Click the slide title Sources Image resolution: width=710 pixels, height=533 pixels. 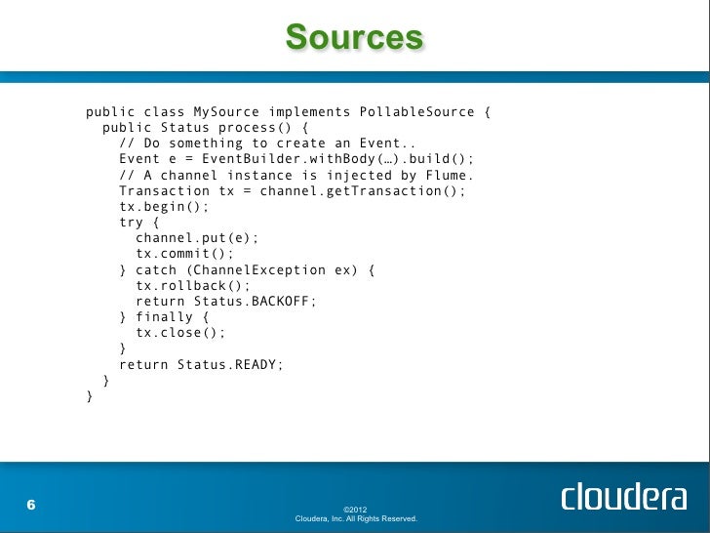[x=354, y=38]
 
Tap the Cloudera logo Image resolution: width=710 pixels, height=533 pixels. [x=623, y=497]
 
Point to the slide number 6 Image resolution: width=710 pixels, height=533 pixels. [x=31, y=505]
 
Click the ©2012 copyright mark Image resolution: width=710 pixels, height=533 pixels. [x=355, y=509]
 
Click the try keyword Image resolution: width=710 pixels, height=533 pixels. [x=131, y=223]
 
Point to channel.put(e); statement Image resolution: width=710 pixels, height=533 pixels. [x=197, y=238]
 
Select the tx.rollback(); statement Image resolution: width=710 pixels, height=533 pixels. [x=193, y=286]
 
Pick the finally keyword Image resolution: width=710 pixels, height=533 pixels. [x=164, y=317]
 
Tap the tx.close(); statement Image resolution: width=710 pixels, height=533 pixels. [x=180, y=333]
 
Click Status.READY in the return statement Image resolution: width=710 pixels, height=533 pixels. [x=230, y=365]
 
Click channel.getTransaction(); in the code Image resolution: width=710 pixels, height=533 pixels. [x=363, y=190]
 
